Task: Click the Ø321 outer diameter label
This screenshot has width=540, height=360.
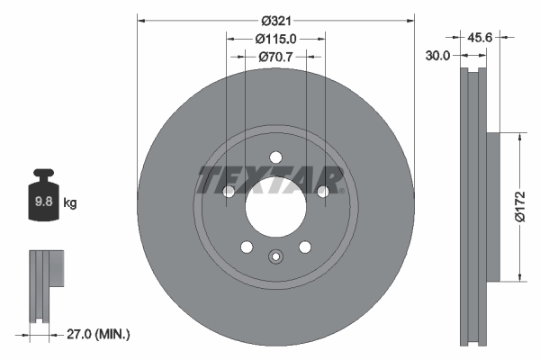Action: [x=276, y=19]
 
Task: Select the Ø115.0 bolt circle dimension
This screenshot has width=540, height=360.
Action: [x=276, y=39]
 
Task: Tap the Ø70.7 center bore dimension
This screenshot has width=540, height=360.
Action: [x=276, y=57]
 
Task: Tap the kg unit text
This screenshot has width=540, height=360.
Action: [x=70, y=203]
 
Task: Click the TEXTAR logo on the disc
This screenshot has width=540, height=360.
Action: [x=271, y=180]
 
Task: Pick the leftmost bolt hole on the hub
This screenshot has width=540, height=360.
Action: [x=229, y=191]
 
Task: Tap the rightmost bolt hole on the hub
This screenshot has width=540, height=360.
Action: [x=323, y=191]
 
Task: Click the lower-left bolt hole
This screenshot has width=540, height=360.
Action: [x=246, y=247]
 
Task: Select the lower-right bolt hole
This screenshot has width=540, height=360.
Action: [x=305, y=247]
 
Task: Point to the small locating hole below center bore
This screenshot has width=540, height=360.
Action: [x=275, y=258]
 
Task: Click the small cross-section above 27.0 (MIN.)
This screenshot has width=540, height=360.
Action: [x=46, y=283]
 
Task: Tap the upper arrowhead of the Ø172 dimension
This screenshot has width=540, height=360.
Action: [x=519, y=137]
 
